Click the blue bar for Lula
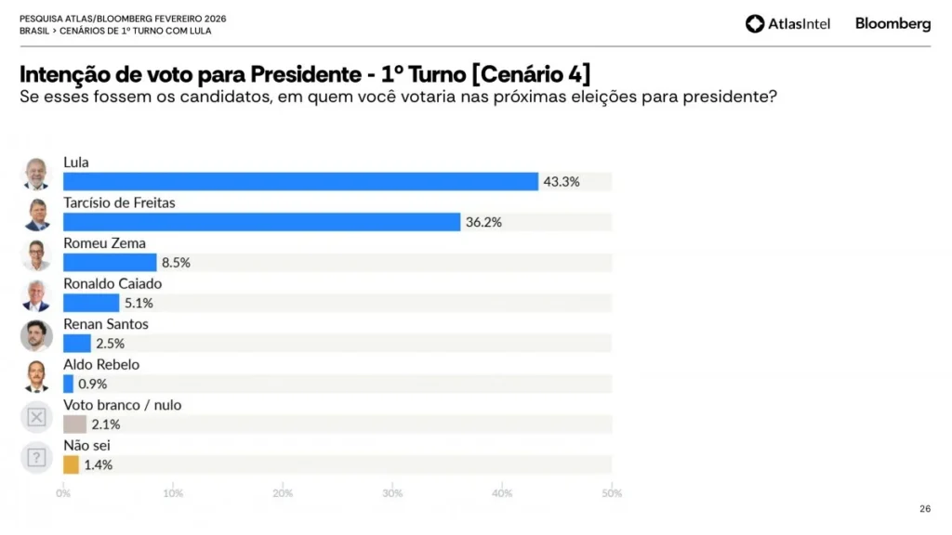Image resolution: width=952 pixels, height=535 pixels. (300, 181)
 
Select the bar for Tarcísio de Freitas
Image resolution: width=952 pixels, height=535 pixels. (261, 222)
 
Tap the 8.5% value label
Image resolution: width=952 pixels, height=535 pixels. (176, 263)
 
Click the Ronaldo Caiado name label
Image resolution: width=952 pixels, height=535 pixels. (112, 283)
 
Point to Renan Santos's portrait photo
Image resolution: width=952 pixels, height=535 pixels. (36, 335)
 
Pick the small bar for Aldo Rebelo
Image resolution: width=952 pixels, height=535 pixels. (68, 384)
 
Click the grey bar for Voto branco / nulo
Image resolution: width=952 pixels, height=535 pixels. (74, 424)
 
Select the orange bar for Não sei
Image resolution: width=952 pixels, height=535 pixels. (71, 464)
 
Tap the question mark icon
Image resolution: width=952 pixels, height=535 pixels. (36, 457)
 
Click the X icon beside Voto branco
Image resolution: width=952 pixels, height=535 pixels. (36, 417)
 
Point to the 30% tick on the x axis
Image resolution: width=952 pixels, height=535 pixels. (392, 493)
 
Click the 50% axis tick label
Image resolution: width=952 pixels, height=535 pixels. (611, 493)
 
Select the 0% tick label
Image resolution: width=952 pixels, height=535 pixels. (63, 493)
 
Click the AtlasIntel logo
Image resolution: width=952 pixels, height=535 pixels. (787, 24)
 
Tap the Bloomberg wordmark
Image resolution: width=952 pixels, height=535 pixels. (892, 24)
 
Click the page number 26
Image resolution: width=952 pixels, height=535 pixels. (924, 508)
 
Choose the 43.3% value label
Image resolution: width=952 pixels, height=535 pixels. (561, 182)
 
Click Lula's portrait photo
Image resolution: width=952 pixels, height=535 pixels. (36, 174)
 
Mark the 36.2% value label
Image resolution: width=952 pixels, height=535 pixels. (483, 223)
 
